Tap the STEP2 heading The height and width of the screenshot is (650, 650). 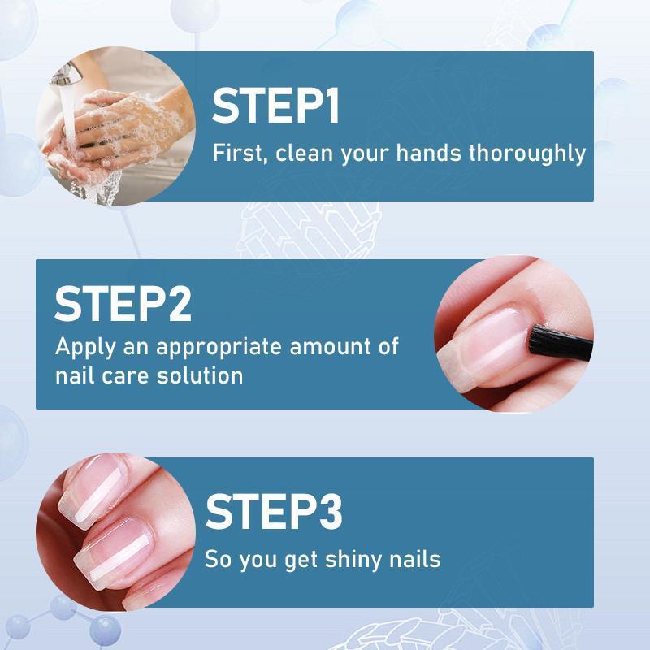pos(123,303)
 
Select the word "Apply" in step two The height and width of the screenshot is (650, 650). pos(83,347)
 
